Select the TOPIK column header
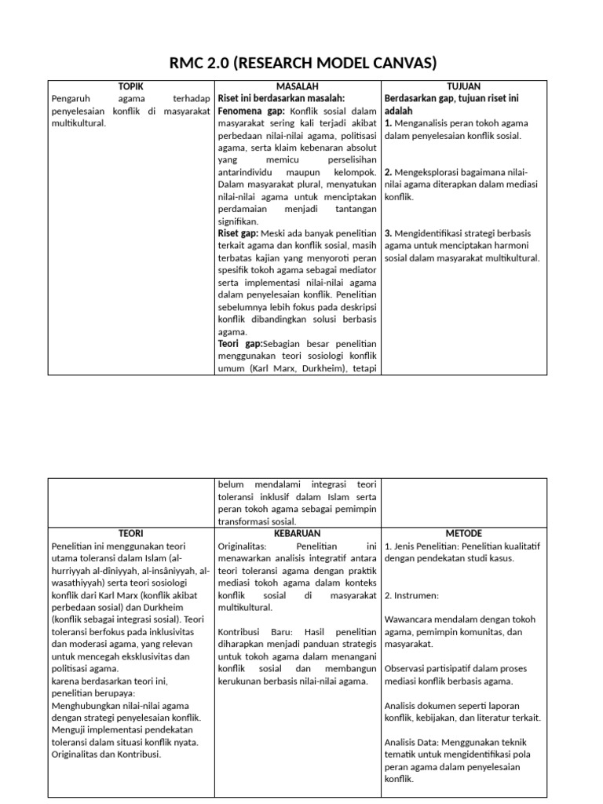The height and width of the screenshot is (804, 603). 131,86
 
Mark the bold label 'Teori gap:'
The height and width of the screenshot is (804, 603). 240,344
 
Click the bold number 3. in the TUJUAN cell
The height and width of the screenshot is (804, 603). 389,233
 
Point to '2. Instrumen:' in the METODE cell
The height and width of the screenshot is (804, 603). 411,595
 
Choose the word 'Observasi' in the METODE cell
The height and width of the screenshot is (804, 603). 405,668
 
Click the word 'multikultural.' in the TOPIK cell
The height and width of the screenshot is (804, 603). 78,123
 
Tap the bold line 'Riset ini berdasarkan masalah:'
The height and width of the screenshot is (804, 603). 281,98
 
